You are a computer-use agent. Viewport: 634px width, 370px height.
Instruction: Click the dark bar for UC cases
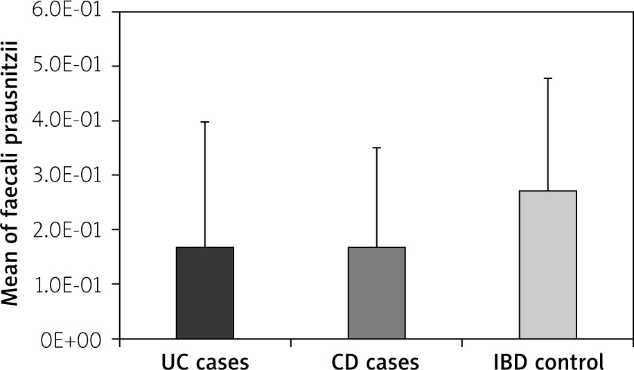click(205, 293)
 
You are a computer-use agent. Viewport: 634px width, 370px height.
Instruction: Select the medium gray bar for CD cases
click(376, 293)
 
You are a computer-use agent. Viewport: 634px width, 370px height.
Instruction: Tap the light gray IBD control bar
click(547, 265)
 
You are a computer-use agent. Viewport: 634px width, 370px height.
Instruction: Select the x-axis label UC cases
click(205, 361)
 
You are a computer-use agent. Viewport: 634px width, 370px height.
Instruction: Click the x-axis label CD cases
click(376, 361)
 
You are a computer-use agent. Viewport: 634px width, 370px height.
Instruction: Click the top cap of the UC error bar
click(205, 122)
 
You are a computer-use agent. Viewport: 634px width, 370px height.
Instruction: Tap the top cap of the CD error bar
click(376, 148)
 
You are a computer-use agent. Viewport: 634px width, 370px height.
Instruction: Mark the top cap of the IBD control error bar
click(547, 78)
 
